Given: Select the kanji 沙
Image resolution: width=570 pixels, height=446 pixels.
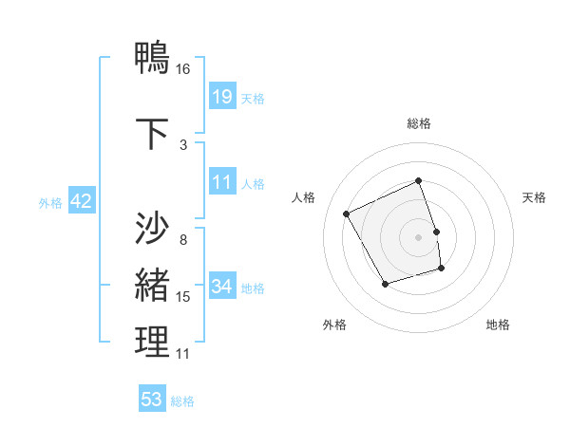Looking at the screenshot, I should pyautogui.click(x=153, y=228).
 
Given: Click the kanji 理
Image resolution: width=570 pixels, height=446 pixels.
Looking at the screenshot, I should pyautogui.click(x=153, y=343).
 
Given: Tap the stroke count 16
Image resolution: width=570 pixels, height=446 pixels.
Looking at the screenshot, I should pyautogui.click(x=183, y=69).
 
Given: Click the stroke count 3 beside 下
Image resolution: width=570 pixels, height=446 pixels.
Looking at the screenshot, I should pyautogui.click(x=183, y=144).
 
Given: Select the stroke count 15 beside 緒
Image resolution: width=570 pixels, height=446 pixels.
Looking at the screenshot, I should pyautogui.click(x=183, y=297).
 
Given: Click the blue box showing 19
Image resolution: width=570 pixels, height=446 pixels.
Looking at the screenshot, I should pyautogui.click(x=221, y=96).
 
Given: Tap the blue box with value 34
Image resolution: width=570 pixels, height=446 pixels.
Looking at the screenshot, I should pyautogui.click(x=222, y=287).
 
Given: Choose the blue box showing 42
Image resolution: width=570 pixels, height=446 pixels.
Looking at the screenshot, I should pyautogui.click(x=80, y=201).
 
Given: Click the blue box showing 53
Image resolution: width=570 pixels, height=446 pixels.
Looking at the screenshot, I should pyautogui.click(x=152, y=400).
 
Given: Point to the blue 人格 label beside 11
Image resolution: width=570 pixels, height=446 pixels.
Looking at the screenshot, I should pyautogui.click(x=253, y=183).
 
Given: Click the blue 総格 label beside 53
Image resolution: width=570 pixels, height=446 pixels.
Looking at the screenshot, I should pyautogui.click(x=182, y=401).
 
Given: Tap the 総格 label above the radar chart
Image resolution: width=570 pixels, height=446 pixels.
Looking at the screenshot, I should pyautogui.click(x=419, y=123).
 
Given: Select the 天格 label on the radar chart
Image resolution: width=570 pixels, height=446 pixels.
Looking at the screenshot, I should pyautogui.click(x=534, y=197).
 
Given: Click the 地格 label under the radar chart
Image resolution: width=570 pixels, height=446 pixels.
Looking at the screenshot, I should pyautogui.click(x=498, y=325).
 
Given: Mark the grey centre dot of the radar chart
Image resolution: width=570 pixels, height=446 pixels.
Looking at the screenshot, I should pyautogui.click(x=419, y=237).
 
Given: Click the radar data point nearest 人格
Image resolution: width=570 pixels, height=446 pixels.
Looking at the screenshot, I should pyautogui.click(x=347, y=214).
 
